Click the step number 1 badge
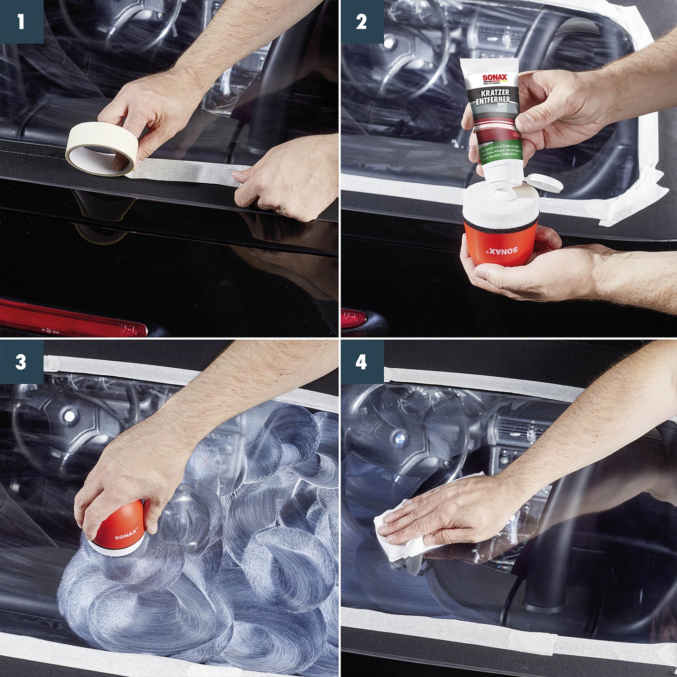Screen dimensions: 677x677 pos(21,22)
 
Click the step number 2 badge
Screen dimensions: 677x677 pos(361,22)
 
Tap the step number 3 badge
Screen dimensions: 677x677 pos(21,362)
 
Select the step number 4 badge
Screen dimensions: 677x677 pos(361,362)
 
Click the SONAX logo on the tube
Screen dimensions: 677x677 pos(495,79)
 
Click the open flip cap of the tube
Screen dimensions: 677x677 pos(544,183)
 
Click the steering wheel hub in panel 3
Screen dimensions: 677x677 pos(70,415)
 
